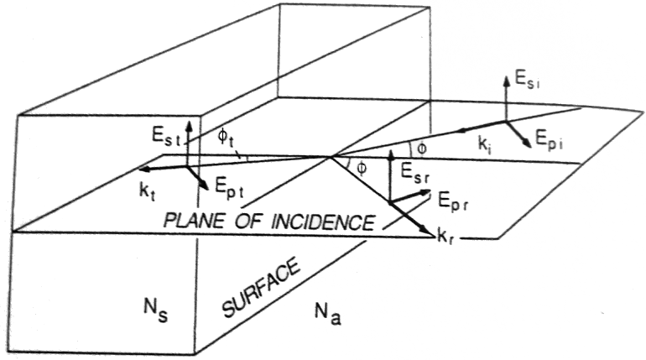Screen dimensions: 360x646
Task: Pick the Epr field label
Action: coord(451,200)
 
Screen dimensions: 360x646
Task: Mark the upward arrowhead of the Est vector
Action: coord(190,123)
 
